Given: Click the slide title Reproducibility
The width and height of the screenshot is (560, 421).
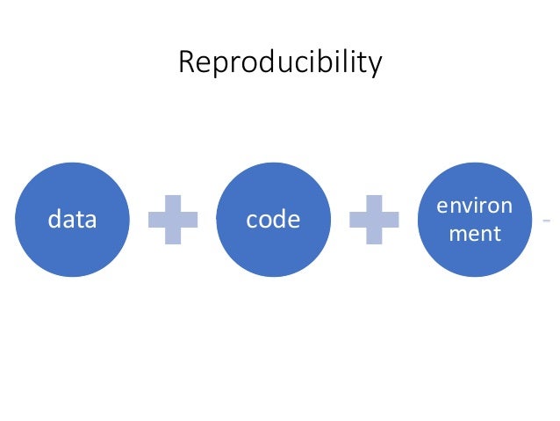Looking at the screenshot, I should coord(279,63).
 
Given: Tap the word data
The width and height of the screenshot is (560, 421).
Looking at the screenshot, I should coord(72,219).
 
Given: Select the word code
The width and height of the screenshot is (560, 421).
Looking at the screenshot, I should coord(273,219).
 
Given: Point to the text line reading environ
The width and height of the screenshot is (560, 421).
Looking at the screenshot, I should coord(474,207).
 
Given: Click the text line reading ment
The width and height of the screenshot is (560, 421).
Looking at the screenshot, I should coord(474,234).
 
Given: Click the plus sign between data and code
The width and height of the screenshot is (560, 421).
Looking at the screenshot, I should coord(173,220).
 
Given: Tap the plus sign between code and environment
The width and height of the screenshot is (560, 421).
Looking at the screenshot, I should coord(374,220).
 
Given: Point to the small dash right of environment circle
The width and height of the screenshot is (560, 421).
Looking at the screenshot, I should coord(547,219).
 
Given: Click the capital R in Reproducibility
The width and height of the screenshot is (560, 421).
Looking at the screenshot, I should coord(185,63).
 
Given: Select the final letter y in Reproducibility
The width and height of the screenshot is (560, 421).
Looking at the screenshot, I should coord(377,67).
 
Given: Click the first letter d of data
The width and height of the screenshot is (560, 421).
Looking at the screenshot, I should coord(54,219).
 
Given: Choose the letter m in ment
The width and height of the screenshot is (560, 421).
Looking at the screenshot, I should coord(456,235).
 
